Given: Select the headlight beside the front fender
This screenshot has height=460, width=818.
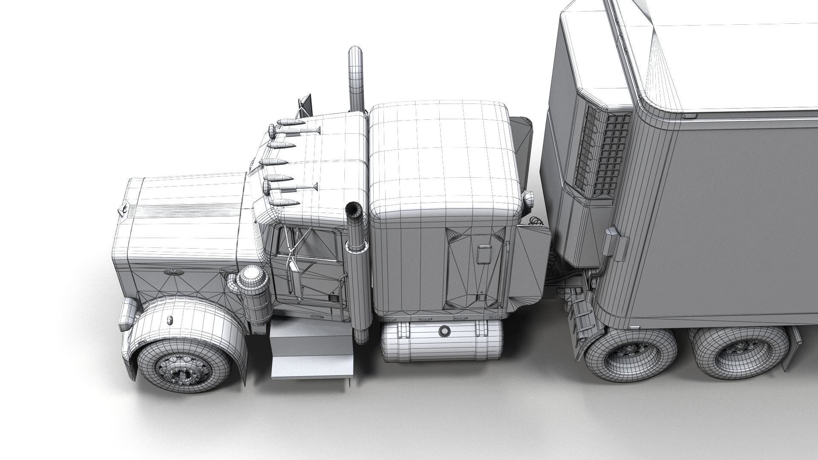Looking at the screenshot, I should coord(127,313).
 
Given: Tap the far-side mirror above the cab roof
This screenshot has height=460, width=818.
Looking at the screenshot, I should coord(305,106).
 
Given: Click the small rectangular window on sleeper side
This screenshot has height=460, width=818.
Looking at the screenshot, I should coord(484,255).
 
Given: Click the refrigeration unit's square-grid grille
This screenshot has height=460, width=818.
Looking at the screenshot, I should coord(613,153).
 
